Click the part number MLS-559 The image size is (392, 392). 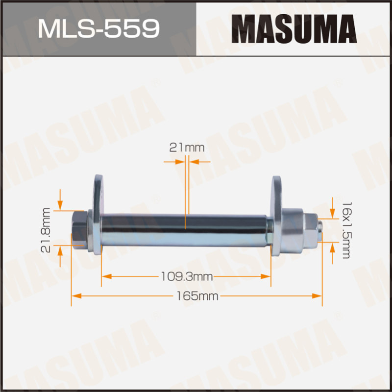pyautogui.click(x=98, y=29)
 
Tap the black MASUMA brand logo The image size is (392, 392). pyautogui.click(x=294, y=29)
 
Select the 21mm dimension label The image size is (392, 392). pyautogui.click(x=187, y=148)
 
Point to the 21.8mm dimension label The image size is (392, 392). pyautogui.click(x=46, y=230)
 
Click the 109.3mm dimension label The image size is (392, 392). pyautogui.click(x=187, y=277)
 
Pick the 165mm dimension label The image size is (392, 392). pyautogui.click(x=197, y=296)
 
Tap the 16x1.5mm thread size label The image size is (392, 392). pyautogui.click(x=346, y=230)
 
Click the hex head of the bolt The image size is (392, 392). pyautogui.click(x=80, y=230)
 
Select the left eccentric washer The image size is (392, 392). pyautogui.click(x=98, y=215)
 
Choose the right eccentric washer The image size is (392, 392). pyautogui.click(x=276, y=216)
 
